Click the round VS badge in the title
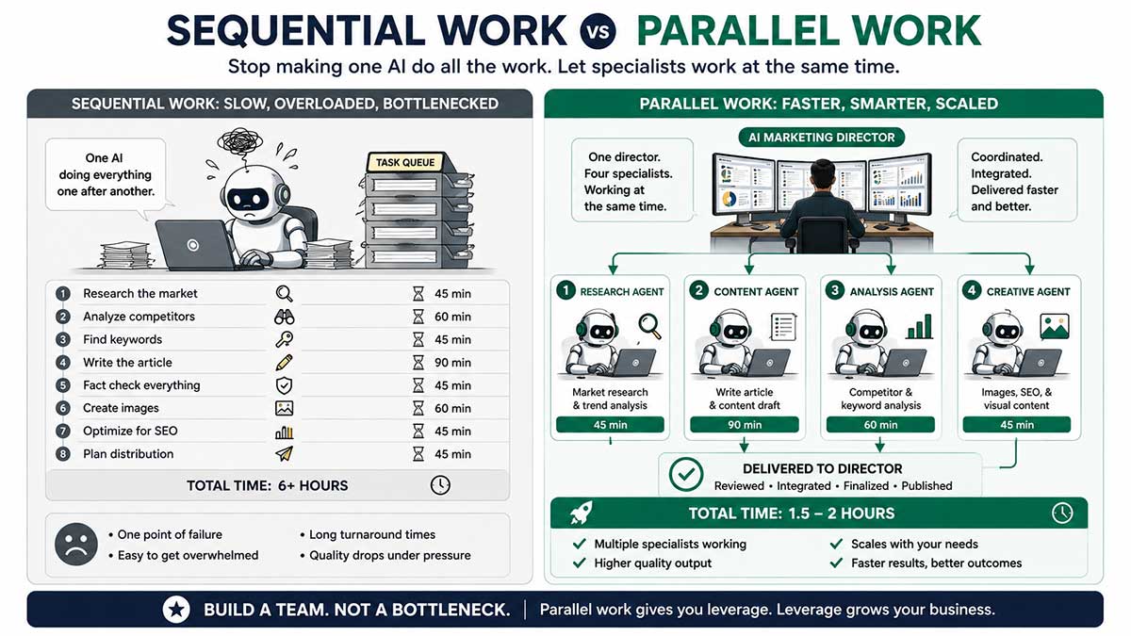598,31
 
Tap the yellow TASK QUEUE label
405,162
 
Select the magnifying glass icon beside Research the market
285,294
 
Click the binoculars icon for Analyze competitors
285,317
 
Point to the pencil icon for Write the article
285,363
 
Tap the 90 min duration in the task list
452,363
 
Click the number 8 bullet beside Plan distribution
62,454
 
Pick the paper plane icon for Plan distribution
285,454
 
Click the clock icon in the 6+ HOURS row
440,485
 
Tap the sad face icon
76,545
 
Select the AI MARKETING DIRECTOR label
822,138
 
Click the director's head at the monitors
823,175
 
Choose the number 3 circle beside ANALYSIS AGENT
835,291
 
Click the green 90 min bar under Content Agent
745,425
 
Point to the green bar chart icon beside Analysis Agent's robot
920,326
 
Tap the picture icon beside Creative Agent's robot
1055,326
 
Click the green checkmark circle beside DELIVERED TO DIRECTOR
686,475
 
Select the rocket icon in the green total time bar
582,513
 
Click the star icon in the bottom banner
176,610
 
